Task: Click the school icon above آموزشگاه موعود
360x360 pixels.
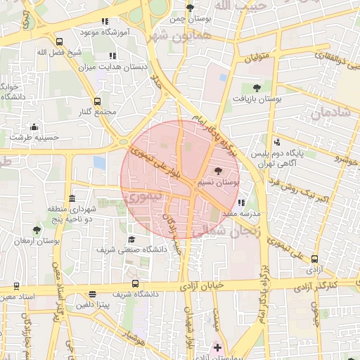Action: tap(105, 22)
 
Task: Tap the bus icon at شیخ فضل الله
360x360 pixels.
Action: tap(59, 41)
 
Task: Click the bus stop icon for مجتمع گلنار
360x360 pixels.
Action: tap(97, 101)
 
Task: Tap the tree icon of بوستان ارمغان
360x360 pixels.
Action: tap(37, 229)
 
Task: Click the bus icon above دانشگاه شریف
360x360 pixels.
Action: tap(135, 283)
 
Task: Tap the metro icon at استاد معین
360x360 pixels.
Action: tap(16, 286)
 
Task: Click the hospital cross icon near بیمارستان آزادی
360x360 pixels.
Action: tap(217, 347)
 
